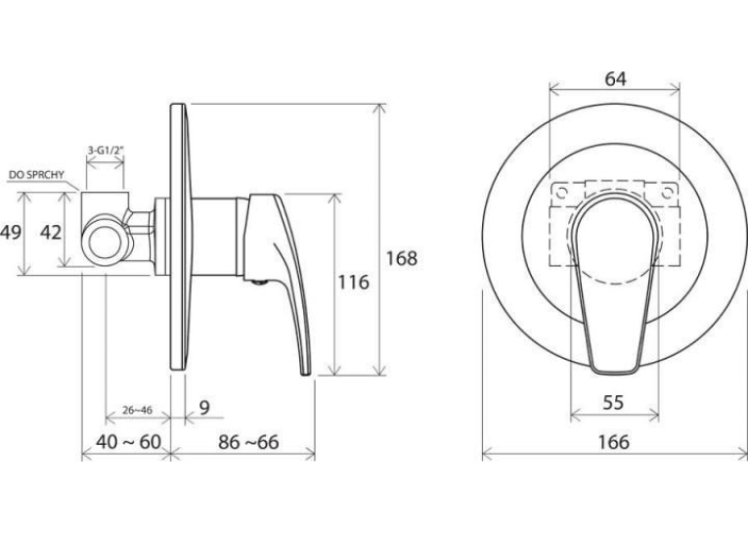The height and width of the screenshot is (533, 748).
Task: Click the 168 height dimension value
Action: [401, 258]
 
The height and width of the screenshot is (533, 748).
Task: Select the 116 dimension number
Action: [354, 282]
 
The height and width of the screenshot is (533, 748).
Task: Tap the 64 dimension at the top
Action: [615, 79]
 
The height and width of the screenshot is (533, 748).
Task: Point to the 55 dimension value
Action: [613, 403]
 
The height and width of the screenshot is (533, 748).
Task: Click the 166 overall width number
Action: [613, 442]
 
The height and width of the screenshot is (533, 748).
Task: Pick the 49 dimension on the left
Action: [11, 233]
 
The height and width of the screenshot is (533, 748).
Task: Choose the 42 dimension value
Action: [51, 233]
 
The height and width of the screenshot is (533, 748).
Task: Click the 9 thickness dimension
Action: [204, 408]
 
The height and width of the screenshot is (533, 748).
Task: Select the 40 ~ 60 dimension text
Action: [128, 442]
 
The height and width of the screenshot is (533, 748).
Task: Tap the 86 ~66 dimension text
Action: [248, 442]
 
